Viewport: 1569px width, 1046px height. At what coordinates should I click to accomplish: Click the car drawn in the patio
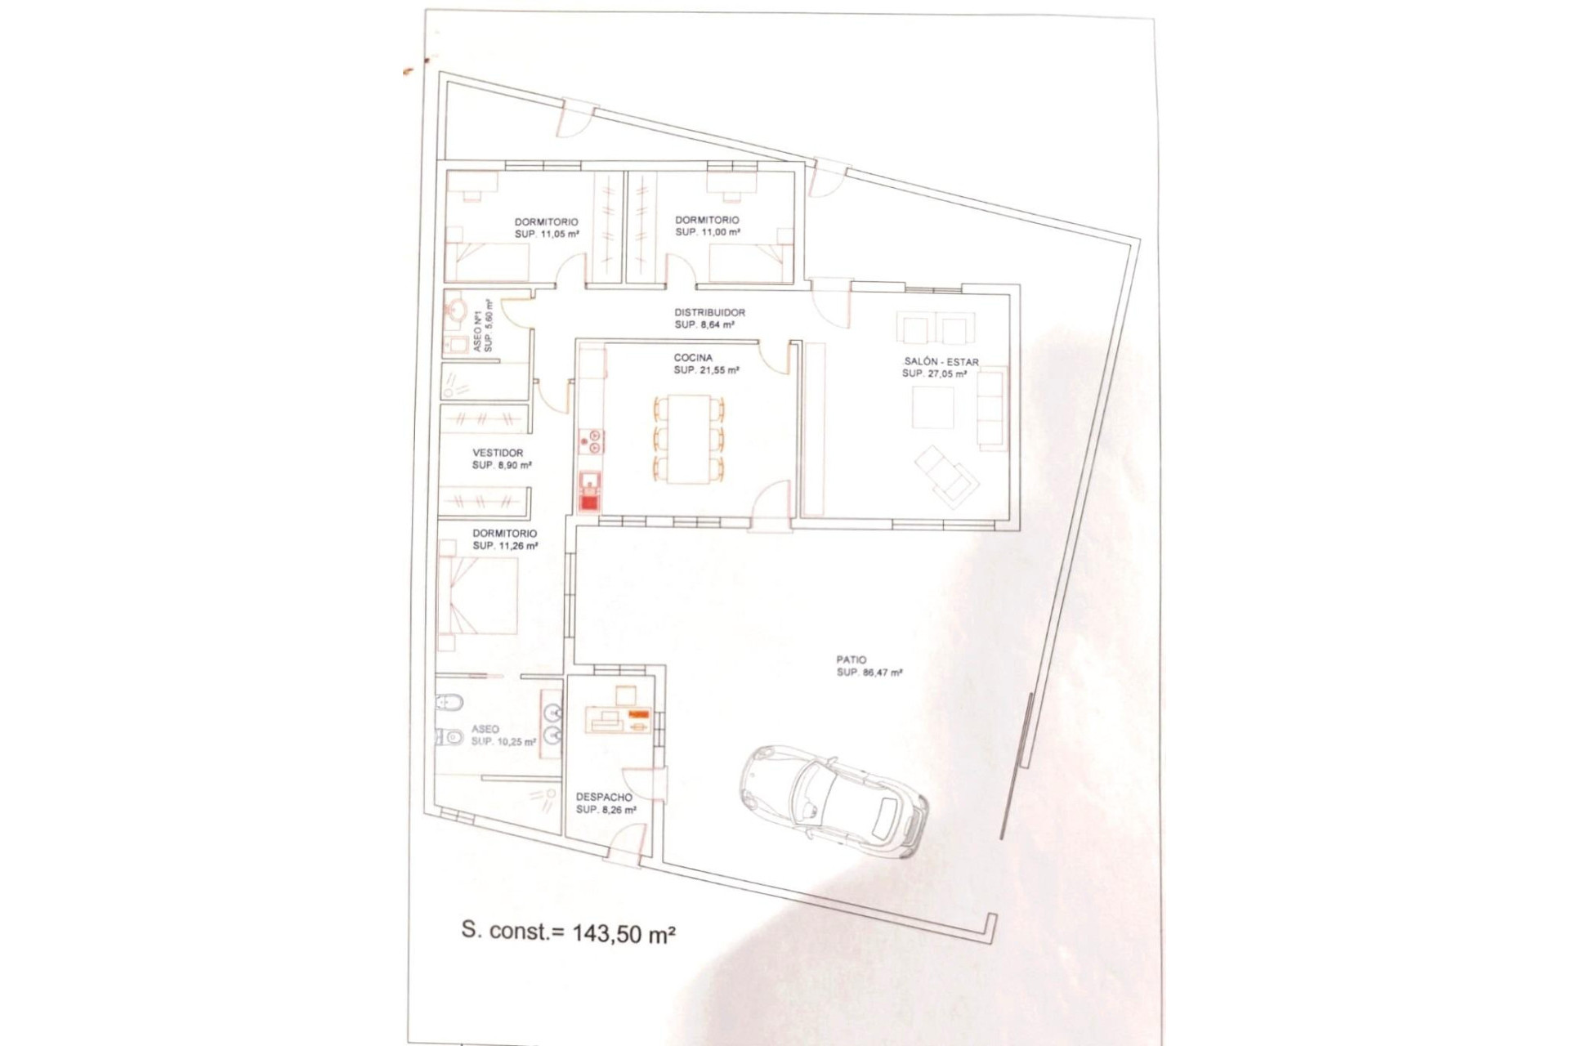(834, 801)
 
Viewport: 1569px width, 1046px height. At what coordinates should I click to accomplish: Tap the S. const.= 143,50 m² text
(568, 932)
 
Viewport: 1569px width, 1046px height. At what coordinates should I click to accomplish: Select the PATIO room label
(851, 659)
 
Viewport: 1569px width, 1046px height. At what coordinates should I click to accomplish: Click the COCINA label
(693, 358)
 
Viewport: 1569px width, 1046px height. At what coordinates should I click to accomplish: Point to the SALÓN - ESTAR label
(941, 361)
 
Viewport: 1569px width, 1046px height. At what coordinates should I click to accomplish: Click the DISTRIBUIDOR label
(709, 312)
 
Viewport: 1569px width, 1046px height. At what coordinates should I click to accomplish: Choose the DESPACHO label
(604, 797)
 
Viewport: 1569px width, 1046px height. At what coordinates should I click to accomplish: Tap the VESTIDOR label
(498, 453)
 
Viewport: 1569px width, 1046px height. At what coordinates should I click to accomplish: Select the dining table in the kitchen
(689, 439)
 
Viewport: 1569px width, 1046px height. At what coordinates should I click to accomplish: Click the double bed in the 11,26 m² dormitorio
(478, 596)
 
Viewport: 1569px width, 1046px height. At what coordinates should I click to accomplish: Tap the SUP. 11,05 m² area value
(547, 234)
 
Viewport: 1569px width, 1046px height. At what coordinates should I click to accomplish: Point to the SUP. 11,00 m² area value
(708, 232)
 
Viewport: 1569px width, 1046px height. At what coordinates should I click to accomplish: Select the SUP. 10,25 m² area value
(503, 742)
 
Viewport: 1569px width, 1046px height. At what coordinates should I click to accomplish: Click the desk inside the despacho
(617, 722)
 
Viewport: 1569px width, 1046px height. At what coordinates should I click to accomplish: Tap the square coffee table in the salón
(932, 407)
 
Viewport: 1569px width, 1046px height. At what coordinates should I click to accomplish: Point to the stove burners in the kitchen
(591, 441)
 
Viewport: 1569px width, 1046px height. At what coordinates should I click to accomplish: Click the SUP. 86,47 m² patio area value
(869, 673)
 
